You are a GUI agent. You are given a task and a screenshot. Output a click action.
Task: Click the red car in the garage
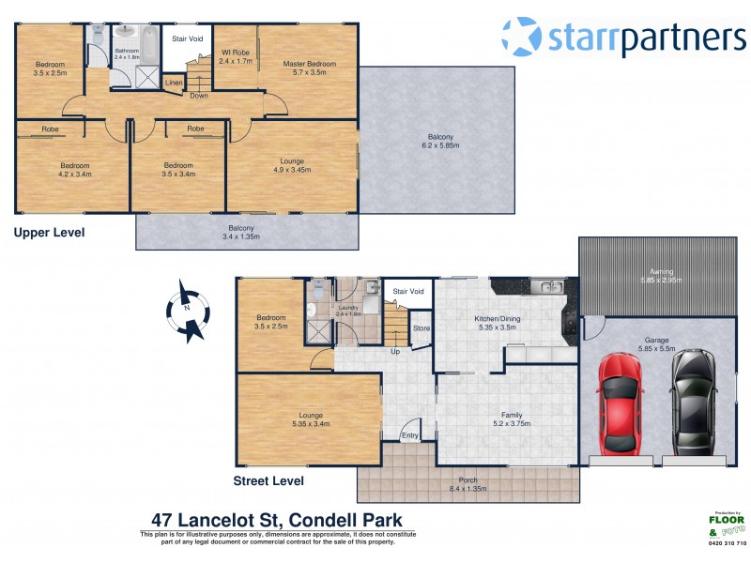coord(620,401)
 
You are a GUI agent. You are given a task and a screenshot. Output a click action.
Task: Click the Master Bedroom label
coord(309,68)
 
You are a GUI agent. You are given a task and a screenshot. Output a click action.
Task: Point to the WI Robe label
coord(235,56)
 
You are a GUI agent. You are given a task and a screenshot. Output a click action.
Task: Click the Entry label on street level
coord(410,435)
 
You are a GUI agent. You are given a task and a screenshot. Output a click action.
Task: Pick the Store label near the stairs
coord(421,328)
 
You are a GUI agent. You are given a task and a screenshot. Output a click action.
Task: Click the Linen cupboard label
coord(174,84)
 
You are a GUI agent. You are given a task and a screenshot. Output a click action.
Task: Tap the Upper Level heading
coord(49,232)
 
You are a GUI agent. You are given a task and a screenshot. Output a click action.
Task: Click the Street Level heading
coord(268,481)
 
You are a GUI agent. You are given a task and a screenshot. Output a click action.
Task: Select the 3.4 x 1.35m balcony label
coord(240,232)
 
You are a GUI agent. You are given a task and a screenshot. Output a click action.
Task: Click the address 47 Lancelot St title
coord(277,520)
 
